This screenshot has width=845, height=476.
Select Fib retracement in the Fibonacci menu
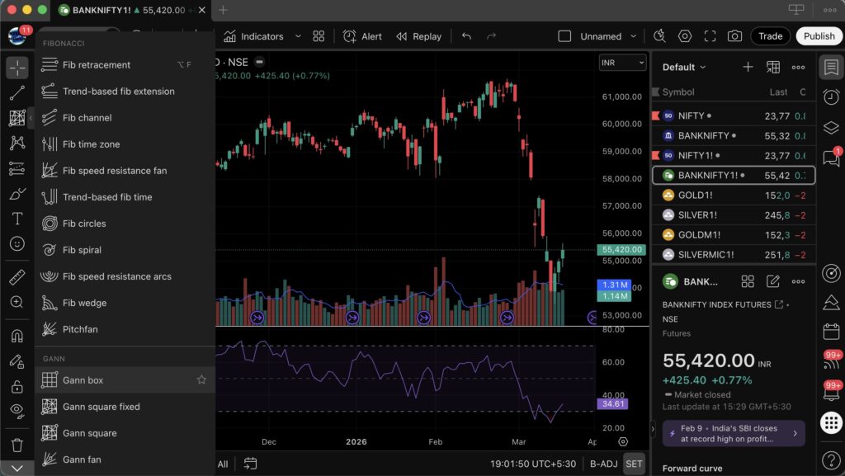[97, 65]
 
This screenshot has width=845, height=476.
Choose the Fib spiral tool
[82, 250]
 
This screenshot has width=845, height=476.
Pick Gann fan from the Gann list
[82, 460]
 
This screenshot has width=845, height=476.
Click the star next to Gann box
[201, 380]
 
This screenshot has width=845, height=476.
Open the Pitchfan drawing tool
[80, 329]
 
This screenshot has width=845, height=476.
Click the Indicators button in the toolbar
[253, 36]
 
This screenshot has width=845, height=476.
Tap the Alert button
[363, 36]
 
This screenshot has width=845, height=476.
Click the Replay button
[419, 36]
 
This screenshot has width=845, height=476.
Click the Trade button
[770, 36]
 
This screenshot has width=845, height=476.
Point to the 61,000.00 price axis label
[622, 97]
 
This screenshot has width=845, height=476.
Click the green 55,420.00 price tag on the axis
[623, 249]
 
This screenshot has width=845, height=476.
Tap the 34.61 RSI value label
[613, 404]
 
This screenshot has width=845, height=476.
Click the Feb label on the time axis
[436, 442]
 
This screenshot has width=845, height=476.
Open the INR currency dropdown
[623, 63]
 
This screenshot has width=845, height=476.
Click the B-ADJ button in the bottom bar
[603, 464]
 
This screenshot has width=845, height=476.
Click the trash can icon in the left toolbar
[17, 445]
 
